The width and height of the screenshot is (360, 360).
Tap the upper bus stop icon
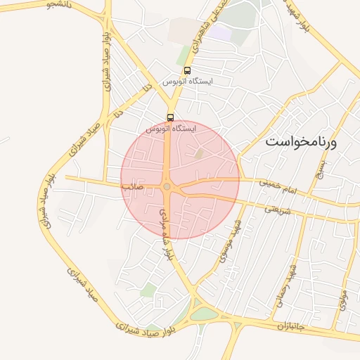tap(187, 70)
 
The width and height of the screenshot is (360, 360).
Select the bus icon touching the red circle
tap(170, 117)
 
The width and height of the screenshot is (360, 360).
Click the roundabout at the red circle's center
tap(167, 186)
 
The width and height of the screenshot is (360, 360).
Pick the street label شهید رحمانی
tap(288, 279)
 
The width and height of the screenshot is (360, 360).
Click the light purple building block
tap(221, 32)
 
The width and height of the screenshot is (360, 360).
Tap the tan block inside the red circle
tap(199, 153)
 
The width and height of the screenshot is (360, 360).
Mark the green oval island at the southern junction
tap(203, 314)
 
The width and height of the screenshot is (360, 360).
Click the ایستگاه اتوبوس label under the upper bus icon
tap(187, 82)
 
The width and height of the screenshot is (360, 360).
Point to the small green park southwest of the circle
tap(147, 290)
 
